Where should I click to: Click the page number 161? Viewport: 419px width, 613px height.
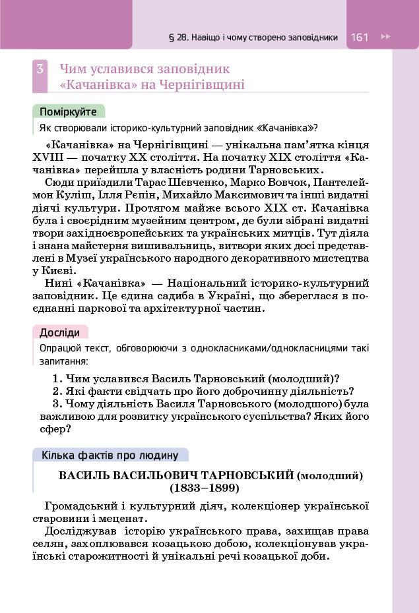[360, 38]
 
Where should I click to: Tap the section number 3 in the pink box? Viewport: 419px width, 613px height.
[40, 69]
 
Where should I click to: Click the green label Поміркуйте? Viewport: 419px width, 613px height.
[68, 111]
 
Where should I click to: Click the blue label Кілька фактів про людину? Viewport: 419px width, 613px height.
[110, 455]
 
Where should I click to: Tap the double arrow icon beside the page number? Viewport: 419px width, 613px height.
[386, 38]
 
